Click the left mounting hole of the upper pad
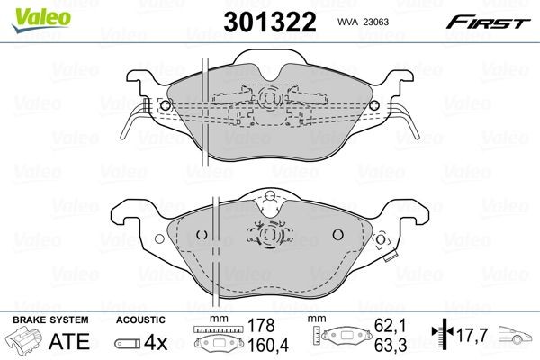(165, 105)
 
